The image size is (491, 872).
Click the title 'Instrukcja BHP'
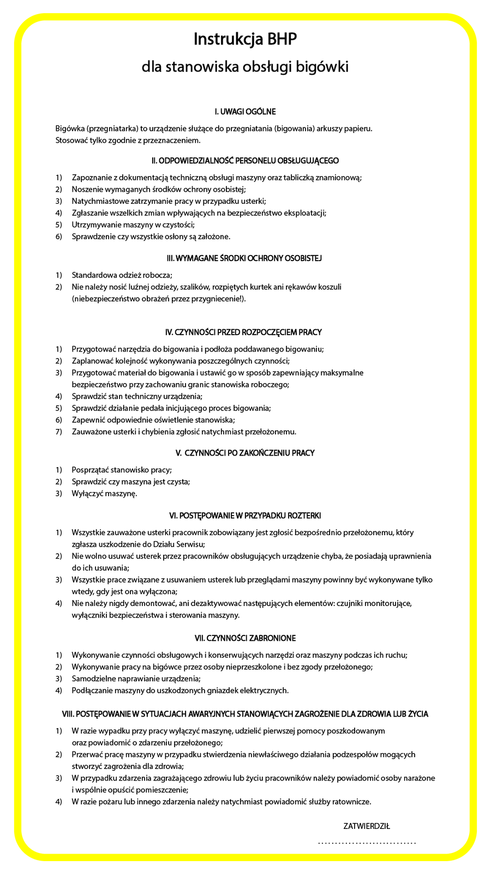245,40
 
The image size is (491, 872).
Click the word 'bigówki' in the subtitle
321,67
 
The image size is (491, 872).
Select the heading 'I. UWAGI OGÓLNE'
245,112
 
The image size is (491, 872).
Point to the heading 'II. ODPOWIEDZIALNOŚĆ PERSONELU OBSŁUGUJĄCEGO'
245,161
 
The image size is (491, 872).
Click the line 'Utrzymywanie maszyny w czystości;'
133,225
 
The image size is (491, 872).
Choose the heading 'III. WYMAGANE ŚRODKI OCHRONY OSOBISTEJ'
245,258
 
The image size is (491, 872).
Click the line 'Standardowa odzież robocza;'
122,275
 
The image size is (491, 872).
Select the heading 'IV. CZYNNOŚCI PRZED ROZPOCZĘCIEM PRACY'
245,332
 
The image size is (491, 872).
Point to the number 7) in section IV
59,432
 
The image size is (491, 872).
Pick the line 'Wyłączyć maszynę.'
104,494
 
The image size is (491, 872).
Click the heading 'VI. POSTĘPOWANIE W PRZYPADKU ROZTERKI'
245,515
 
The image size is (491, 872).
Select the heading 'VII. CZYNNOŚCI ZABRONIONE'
245,638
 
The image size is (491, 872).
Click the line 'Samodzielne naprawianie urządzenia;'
136,679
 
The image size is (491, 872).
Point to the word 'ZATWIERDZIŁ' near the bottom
367,826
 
